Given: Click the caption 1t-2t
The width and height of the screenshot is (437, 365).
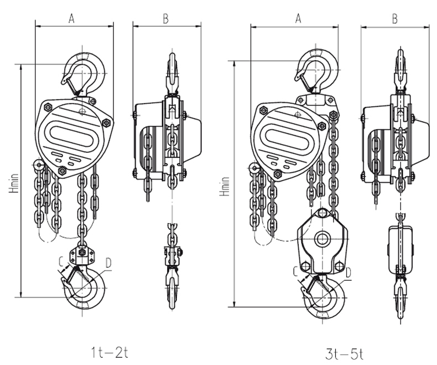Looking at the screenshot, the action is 110,352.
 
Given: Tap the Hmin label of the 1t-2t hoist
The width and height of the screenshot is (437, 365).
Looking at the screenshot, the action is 14,183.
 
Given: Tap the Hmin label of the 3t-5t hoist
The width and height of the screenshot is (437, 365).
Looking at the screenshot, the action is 225,186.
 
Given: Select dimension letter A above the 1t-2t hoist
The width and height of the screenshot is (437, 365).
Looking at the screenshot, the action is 71,19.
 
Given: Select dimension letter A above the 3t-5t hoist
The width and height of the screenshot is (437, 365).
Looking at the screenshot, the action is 298,19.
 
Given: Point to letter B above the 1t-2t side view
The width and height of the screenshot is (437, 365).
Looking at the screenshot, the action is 165,19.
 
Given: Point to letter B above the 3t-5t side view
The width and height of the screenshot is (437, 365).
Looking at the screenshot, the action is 394,19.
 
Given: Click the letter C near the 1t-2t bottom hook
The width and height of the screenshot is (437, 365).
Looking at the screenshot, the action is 62,261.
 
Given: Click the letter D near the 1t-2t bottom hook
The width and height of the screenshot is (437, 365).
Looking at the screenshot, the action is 108,263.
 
